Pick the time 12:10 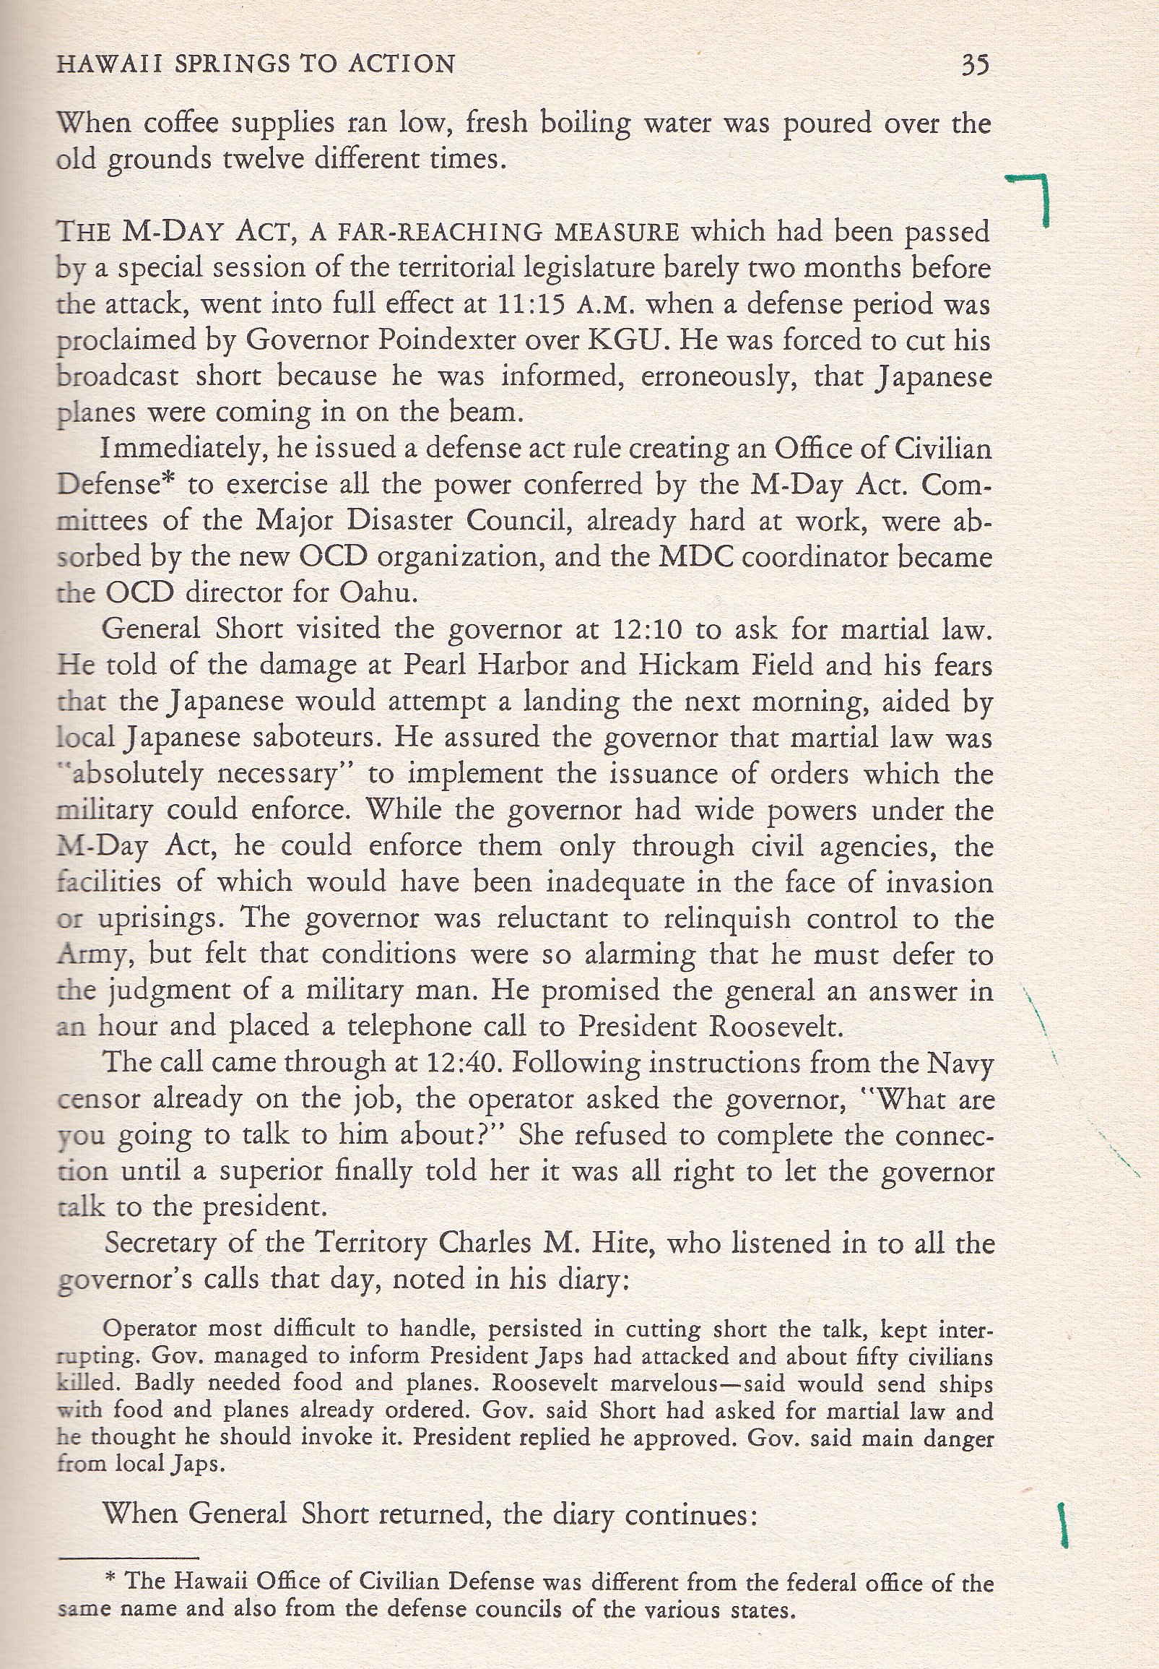pos(648,629)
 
